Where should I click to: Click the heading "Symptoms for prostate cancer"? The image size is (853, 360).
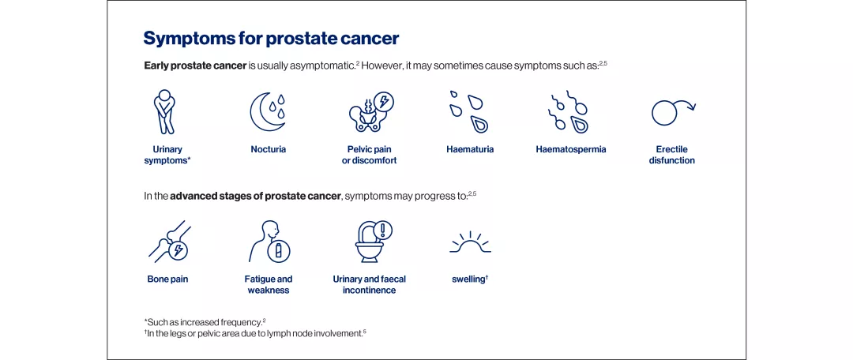click(271, 38)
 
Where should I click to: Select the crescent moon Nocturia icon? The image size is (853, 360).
click(268, 112)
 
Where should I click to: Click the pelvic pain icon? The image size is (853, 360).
click(370, 112)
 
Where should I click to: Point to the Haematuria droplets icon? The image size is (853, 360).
click(469, 112)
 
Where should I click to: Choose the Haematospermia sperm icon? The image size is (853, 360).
click(570, 112)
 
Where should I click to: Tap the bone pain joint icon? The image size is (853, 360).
click(168, 241)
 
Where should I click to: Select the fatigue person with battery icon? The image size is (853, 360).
click(269, 241)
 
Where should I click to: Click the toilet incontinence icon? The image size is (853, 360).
click(370, 241)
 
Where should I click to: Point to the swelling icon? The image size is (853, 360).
click(470, 242)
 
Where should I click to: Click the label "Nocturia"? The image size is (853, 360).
click(269, 149)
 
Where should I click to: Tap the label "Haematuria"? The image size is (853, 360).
click(470, 149)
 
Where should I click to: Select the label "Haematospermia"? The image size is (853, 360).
click(571, 149)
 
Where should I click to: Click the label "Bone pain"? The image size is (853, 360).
click(167, 279)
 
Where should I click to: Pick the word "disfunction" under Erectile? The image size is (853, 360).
click(672, 160)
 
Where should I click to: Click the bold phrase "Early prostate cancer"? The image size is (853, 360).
click(194, 66)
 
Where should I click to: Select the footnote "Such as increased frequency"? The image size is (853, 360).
click(204, 322)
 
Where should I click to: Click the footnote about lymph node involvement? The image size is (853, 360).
click(255, 332)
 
